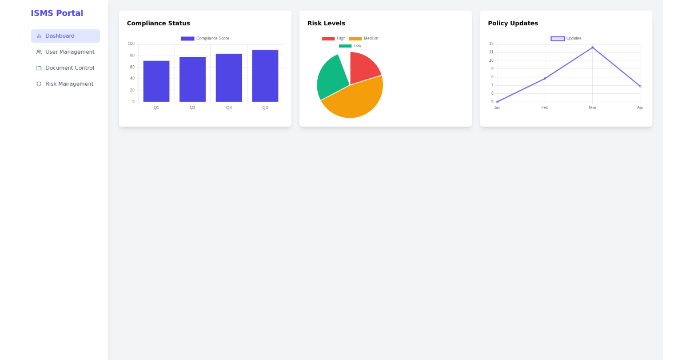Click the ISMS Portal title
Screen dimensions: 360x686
[57, 13]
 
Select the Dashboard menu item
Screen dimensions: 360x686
[65, 36]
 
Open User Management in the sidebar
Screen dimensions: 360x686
[65, 52]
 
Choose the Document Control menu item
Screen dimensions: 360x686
[65, 68]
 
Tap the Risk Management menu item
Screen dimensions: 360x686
[65, 84]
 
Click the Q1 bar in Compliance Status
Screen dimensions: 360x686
[156, 81]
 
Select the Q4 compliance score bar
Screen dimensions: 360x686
[265, 75]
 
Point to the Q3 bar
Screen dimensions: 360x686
[229, 78]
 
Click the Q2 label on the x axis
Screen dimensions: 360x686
[193, 108]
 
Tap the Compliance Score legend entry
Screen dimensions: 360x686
[205, 38]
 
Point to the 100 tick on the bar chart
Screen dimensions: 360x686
[131, 44]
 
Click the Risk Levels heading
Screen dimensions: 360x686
[326, 23]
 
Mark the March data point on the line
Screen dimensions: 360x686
[592, 47]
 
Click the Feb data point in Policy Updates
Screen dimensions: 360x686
[545, 78]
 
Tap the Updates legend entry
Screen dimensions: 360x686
[566, 38]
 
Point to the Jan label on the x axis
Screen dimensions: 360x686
[497, 108]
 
